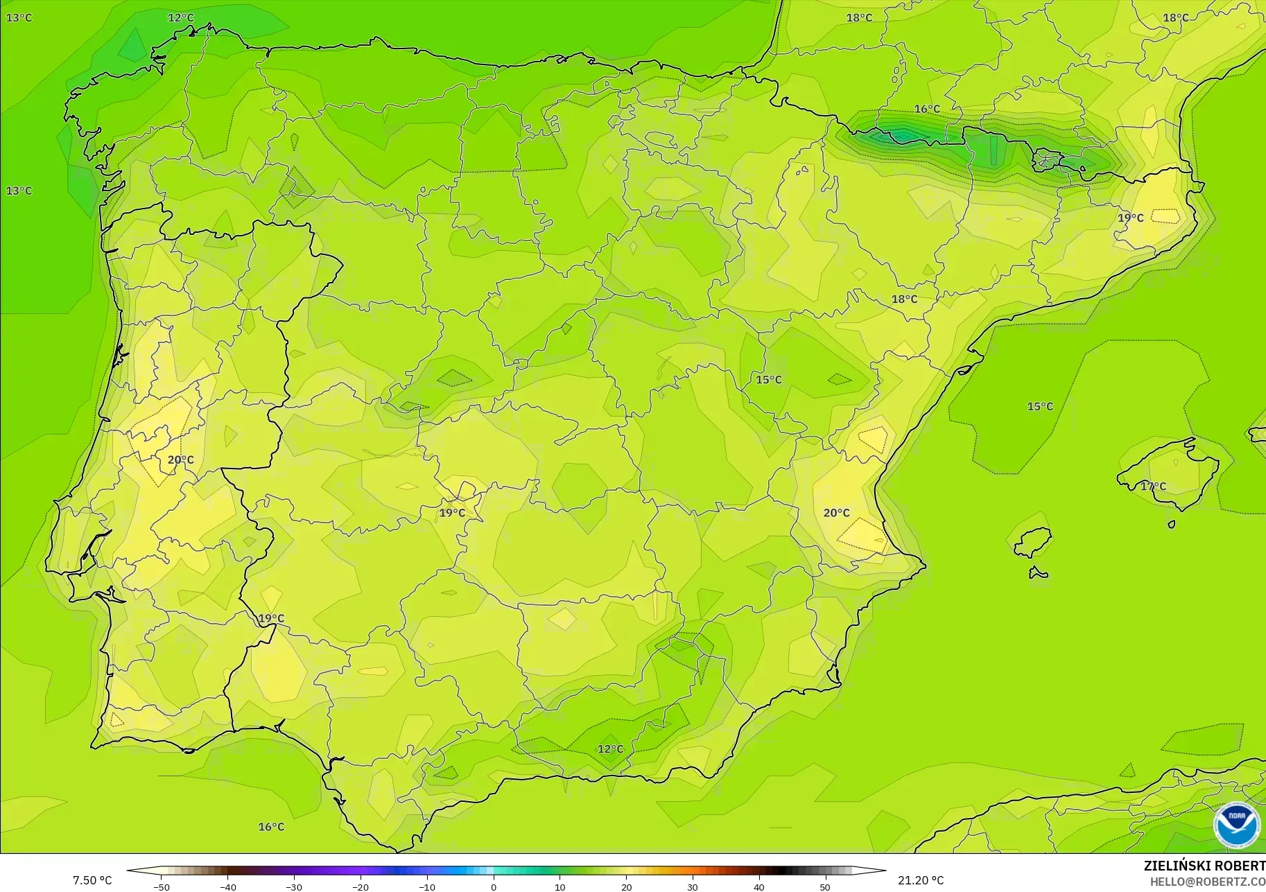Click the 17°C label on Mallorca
[x=1153, y=487]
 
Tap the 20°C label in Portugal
[x=180, y=460]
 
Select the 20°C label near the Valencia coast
[x=836, y=513]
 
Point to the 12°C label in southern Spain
[x=610, y=749]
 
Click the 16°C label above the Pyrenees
[x=927, y=110]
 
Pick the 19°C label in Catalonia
[x=1130, y=218]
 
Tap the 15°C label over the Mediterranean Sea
[x=1039, y=407]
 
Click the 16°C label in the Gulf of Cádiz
[x=271, y=827]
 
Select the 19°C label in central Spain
[x=452, y=514]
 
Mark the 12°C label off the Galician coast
[x=180, y=18]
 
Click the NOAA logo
[x=1236, y=824]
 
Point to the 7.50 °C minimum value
[x=92, y=880]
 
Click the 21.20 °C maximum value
[x=921, y=880]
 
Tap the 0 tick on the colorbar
[x=494, y=887]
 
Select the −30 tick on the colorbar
[x=293, y=887]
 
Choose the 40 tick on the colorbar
[x=759, y=887]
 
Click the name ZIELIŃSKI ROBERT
[x=1204, y=866]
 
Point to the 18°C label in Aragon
[x=904, y=299]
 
